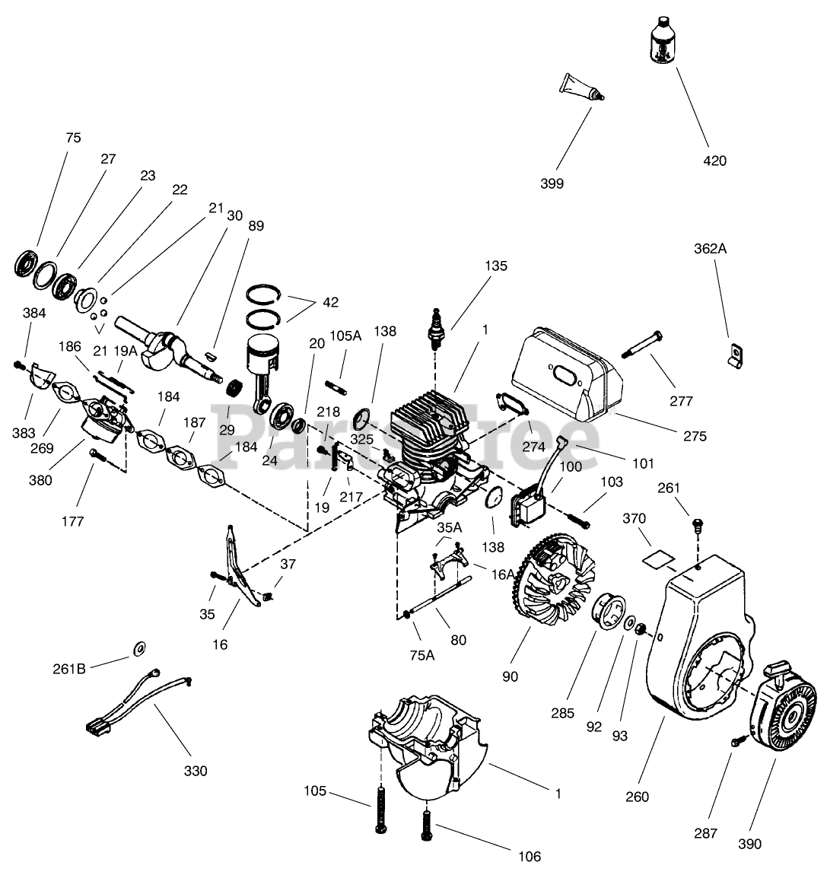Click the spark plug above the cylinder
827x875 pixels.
coord(435,329)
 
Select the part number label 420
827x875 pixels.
coord(715,161)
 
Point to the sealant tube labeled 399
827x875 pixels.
coord(581,87)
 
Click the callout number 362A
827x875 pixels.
coord(710,248)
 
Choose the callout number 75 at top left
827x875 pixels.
coord(73,138)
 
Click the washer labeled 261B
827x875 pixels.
coord(139,648)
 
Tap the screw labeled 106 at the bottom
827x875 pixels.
coord(426,826)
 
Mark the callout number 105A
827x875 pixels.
coord(345,336)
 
